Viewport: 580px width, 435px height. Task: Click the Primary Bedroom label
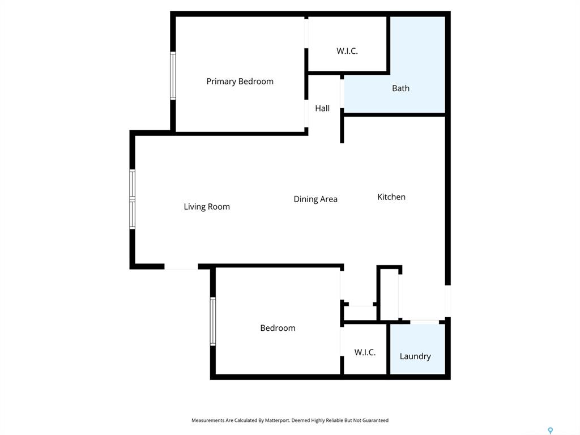[x=240, y=82]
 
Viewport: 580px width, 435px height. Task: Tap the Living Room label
[x=207, y=207]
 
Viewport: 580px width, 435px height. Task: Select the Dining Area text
[x=315, y=199]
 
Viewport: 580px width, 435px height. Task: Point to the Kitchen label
[x=391, y=197]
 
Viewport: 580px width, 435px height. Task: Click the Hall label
[x=322, y=108]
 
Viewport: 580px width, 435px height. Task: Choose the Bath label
[x=400, y=88]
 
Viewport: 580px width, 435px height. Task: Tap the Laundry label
[x=415, y=356]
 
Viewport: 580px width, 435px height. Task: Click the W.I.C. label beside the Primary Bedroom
[x=347, y=51]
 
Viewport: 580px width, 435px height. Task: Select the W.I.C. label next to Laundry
[x=365, y=352]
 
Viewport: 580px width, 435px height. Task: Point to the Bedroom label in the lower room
[x=278, y=328]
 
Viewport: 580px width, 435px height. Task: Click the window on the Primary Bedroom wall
[x=173, y=76]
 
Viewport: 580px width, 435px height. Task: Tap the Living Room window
[x=133, y=199]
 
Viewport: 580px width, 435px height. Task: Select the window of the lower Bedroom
[x=213, y=322]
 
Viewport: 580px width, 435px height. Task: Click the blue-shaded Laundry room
[x=417, y=349]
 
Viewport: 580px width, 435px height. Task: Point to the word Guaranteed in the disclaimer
[x=376, y=420]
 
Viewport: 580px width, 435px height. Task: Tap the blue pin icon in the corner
[x=551, y=430]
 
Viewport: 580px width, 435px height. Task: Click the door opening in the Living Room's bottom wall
[x=181, y=267]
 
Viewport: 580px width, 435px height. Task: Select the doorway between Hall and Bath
[x=342, y=94]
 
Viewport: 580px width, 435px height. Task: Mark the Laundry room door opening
[x=425, y=322]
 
